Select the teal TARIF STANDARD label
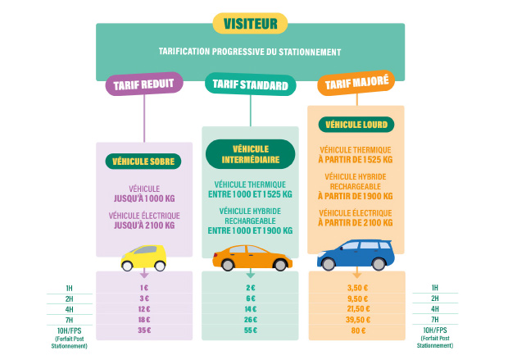tap(250, 85)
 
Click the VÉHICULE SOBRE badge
tap(144, 162)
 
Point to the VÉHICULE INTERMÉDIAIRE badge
tap(250, 154)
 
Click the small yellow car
tap(144, 257)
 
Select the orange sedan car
tap(252, 257)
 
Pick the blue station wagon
tap(356, 255)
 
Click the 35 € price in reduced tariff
tap(144, 330)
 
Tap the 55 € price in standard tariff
tap(250, 330)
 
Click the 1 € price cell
tap(144, 288)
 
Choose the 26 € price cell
tap(250, 319)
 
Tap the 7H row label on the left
tap(69, 319)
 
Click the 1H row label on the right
tap(434, 288)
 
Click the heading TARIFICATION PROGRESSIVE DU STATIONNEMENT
tap(250, 52)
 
